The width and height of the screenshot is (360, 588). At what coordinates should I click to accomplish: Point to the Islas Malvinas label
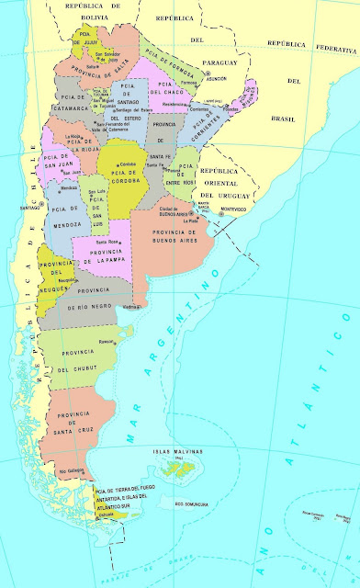click(169, 451)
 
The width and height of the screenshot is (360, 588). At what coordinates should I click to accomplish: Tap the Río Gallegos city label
click(71, 471)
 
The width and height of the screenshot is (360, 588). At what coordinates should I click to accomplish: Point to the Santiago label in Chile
click(27, 207)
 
